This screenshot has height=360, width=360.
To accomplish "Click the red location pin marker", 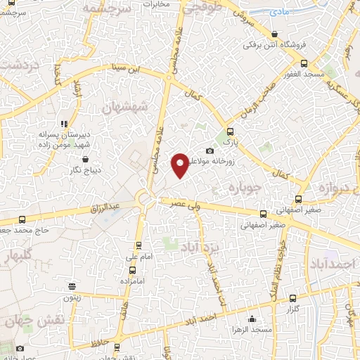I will tap(180, 165).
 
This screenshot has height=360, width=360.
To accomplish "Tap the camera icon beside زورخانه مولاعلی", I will tap(209, 151).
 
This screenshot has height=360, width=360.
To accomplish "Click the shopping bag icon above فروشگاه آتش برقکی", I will tap(274, 34).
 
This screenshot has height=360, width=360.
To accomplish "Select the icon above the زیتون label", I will tap(72, 286).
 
